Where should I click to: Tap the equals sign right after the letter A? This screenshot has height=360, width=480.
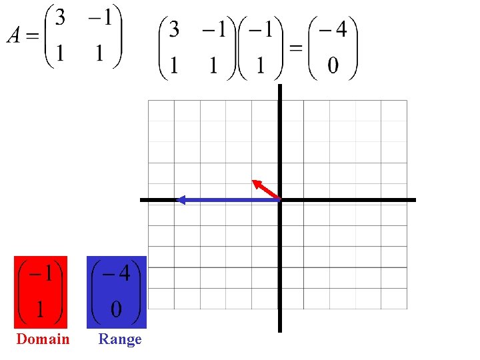33,35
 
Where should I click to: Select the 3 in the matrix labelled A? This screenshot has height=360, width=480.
61,18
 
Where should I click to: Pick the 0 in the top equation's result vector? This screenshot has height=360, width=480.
333,65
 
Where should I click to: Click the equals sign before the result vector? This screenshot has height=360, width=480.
295,48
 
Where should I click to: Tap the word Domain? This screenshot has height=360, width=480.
43,339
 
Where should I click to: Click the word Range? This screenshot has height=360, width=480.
120,339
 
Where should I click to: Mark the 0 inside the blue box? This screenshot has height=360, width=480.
117,309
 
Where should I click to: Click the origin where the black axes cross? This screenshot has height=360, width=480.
279,199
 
